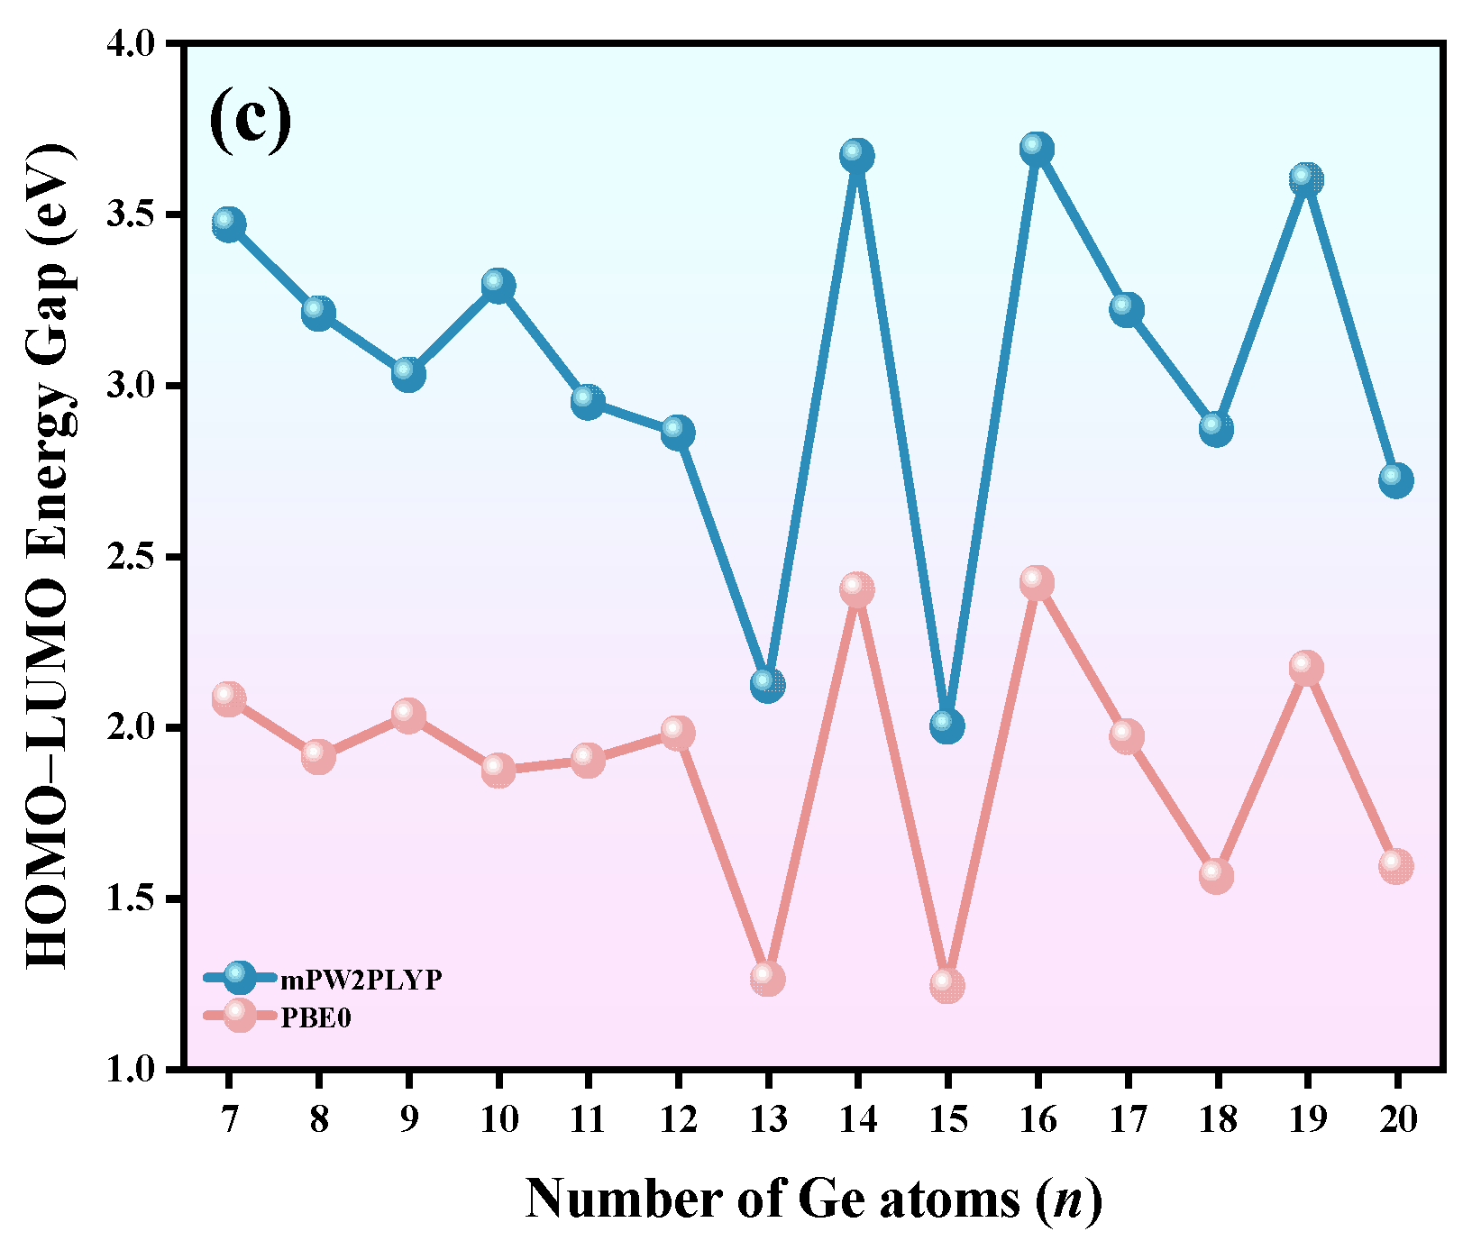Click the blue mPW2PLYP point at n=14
click(857, 156)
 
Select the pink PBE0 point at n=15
click(946, 985)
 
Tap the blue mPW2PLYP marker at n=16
click(1037, 150)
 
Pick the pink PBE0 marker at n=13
click(767, 979)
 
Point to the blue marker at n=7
click(229, 224)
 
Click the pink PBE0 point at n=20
click(1395, 866)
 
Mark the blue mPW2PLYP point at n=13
click(767, 685)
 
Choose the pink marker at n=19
click(1306, 669)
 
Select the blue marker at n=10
click(498, 287)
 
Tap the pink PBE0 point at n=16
click(1037, 583)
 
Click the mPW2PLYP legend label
click(361, 980)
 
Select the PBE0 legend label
click(315, 1018)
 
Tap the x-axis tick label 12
click(678, 1120)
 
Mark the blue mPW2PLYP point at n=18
click(1216, 429)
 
